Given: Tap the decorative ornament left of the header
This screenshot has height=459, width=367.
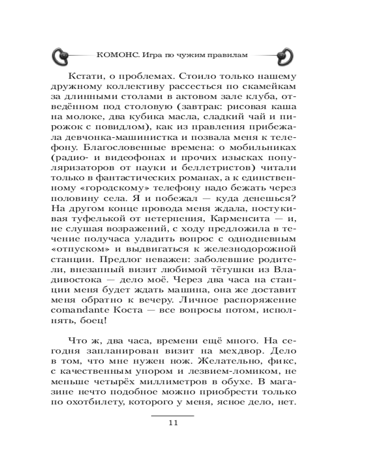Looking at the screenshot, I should coord(62,55).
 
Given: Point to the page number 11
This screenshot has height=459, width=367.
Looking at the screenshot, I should coord(173,423).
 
